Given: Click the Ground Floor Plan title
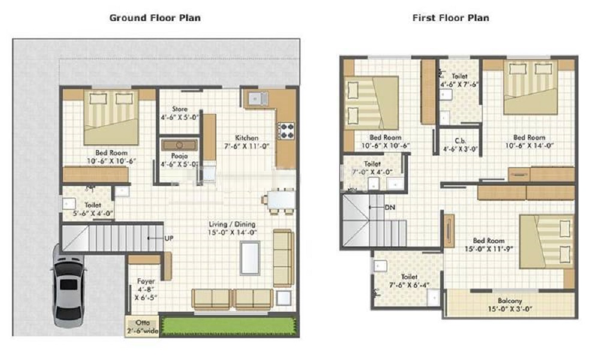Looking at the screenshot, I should click(x=155, y=18).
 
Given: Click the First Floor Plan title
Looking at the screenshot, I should click(x=451, y=18).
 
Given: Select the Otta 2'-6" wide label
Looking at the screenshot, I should click(x=142, y=326).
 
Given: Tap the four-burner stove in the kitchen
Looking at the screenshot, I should click(x=286, y=131).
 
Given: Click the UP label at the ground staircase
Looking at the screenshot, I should click(x=169, y=238).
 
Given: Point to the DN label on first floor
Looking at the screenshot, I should click(x=390, y=207).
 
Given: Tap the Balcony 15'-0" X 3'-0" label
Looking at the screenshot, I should click(x=509, y=305).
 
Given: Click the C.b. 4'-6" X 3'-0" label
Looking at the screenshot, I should click(x=460, y=145).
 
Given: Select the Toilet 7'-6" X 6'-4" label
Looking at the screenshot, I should click(x=409, y=281).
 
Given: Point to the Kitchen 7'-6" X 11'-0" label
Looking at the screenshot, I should click(x=247, y=142).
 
